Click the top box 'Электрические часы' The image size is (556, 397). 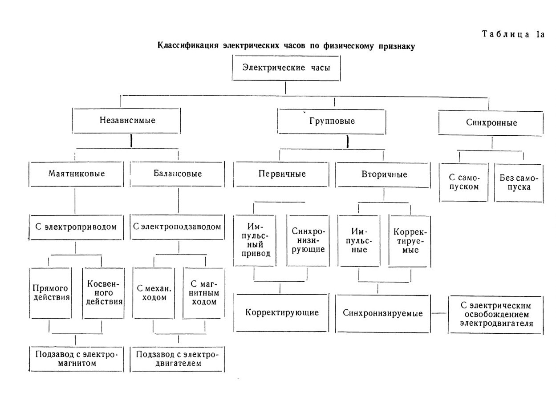click(x=286, y=68)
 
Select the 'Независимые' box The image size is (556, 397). click(x=126, y=121)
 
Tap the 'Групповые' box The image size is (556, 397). click(x=332, y=122)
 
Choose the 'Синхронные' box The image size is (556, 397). click(x=491, y=123)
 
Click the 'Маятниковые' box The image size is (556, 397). click(x=76, y=174)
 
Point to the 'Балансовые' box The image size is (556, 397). click(x=177, y=174)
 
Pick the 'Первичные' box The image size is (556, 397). click(x=281, y=174)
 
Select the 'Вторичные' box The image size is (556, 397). click(x=383, y=175)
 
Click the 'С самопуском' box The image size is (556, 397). click(x=464, y=182)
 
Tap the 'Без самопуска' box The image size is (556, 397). click(x=519, y=183)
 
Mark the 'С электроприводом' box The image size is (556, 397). click(x=76, y=227)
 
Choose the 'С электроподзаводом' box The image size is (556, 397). click(x=177, y=227)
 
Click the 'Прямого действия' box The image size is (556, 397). click(x=50, y=293)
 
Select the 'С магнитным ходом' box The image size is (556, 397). click(x=204, y=293)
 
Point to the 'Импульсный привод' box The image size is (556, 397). click(x=255, y=241)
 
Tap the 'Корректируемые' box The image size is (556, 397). click(x=410, y=241)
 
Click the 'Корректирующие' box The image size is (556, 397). click(x=281, y=313)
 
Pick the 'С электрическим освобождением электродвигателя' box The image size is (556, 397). click(x=496, y=315)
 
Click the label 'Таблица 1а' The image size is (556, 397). click(x=513, y=34)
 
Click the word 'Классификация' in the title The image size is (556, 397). click(x=188, y=46)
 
